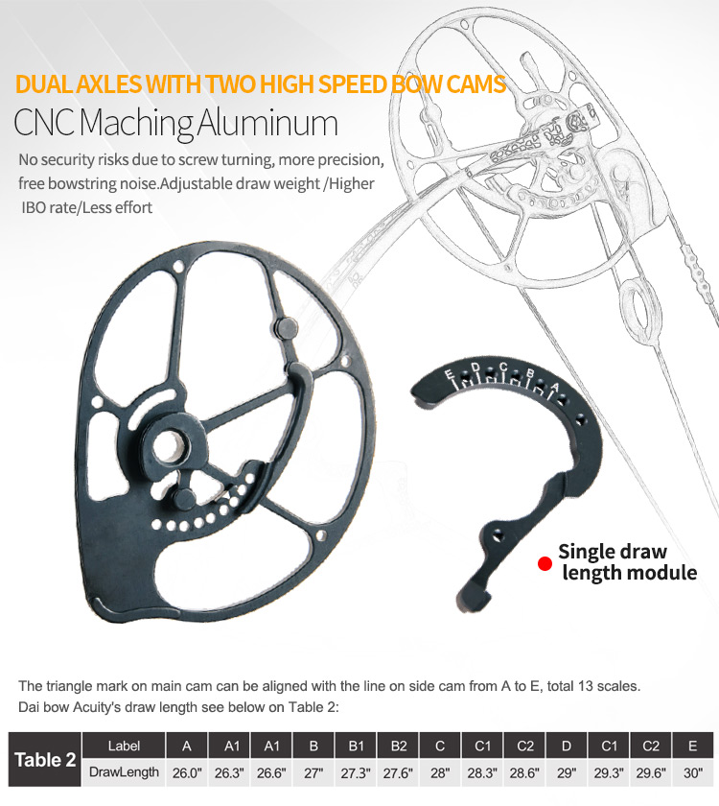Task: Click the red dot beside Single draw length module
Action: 545,563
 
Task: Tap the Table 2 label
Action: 45,760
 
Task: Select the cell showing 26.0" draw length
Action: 187,771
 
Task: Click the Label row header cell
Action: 124,746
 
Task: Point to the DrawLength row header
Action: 124,771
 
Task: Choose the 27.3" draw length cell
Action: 356,771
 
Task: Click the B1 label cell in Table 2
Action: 356,746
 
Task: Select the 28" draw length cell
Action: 440,771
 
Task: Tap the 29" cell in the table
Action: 567,771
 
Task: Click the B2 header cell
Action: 398,746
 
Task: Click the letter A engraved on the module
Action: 553,387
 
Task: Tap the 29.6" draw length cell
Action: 650,771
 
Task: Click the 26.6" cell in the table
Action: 271,771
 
